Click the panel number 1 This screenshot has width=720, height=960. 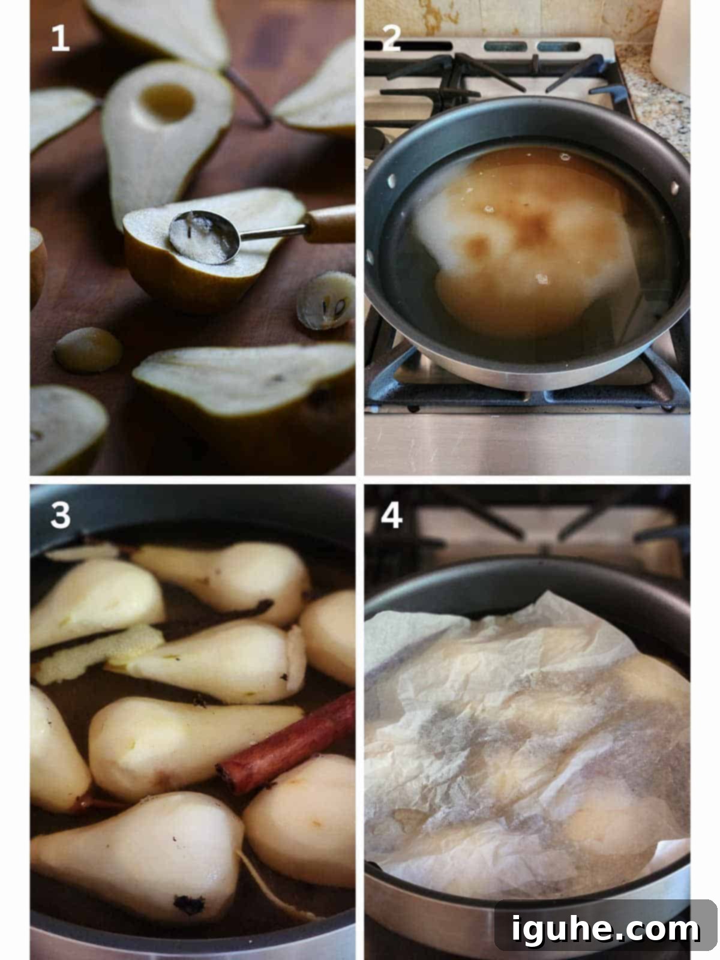coord(61,38)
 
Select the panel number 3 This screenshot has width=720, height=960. coord(61,514)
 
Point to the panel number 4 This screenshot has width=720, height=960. coord(391,515)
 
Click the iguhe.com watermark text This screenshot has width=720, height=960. coord(606,929)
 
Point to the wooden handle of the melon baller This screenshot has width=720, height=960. coord(330,224)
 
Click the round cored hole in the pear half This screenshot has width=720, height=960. coord(167,103)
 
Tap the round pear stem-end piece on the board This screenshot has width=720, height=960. coord(88,350)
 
